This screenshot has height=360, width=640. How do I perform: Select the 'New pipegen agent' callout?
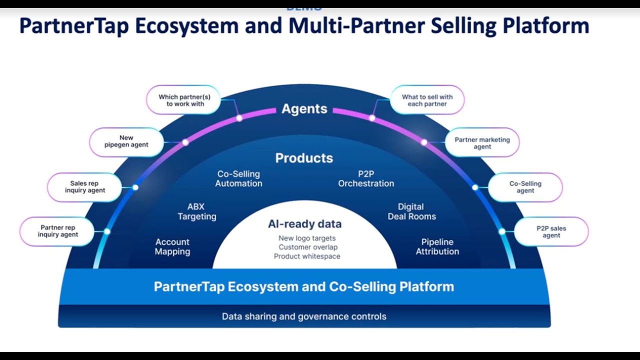pos(126,141)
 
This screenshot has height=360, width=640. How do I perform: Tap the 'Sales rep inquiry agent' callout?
pos(84,187)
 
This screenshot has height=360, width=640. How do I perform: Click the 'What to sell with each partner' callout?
pos(427,100)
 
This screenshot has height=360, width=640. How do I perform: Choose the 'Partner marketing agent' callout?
pos(482,143)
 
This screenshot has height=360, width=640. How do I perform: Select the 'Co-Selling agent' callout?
pos(525,187)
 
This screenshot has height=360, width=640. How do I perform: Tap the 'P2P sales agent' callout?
pos(551,231)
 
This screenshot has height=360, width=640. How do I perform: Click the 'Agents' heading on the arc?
pos(304,109)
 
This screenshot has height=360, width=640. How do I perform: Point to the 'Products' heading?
pos(304,158)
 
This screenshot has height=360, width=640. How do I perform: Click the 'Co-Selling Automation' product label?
pos(238,178)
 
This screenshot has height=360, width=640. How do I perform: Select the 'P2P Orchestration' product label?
pos(366,178)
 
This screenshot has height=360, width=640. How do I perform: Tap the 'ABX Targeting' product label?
pos(196,211)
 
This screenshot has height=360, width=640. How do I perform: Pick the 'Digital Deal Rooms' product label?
pos(411,211)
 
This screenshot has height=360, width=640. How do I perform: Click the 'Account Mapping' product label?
pos(172,246)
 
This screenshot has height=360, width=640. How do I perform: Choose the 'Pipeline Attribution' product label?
pos(437,246)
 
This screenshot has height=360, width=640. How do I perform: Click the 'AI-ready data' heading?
pos(304,224)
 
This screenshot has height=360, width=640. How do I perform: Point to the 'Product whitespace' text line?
pos(307,256)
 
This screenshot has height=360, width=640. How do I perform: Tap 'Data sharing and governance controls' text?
pos(304,316)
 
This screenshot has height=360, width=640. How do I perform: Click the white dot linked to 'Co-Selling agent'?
pos(475,187)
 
